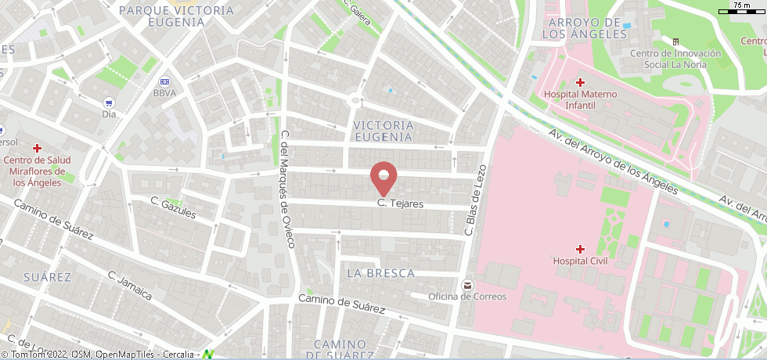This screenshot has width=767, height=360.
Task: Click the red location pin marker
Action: pos(383,177)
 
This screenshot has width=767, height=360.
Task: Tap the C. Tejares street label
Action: pos(400,204)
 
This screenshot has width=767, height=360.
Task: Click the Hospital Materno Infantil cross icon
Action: pos(580,82)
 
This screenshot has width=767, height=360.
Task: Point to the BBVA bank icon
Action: pos(164,81)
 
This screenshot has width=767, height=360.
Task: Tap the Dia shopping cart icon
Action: pos(109,102)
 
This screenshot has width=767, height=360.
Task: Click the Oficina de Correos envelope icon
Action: pos(467,284)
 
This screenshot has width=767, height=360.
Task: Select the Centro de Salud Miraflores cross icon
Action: pos(37,148)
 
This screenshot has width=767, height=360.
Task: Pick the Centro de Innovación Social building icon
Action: pos(675,41)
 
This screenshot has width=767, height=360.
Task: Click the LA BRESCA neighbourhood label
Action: pos(380,273)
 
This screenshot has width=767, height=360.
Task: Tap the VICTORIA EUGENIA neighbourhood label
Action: pos(383,131)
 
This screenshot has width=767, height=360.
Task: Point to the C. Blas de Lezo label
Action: pos(476,200)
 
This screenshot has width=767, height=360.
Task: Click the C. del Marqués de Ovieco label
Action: pos(286,188)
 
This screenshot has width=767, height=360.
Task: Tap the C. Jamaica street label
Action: pos(130,286)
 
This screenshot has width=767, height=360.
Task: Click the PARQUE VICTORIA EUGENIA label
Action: pos(176,16)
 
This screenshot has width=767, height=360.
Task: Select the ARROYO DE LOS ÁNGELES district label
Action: pos(581,28)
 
